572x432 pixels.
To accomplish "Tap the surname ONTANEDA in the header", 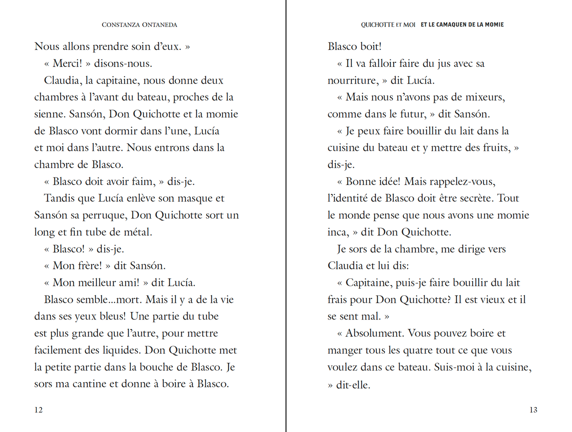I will [160, 25].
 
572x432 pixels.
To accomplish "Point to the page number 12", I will [38, 410].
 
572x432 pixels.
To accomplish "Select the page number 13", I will [533, 410].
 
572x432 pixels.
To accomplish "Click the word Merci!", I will [67, 63].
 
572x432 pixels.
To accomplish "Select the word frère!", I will [89, 266].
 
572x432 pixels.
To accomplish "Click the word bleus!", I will [110, 316].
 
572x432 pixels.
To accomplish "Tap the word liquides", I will [121, 350].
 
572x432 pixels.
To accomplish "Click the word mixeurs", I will [485, 97].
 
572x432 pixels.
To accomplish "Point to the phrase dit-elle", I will [353, 385].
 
